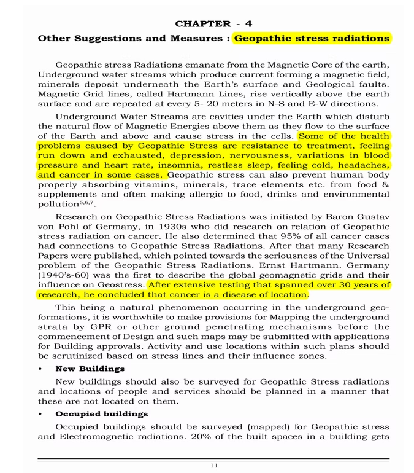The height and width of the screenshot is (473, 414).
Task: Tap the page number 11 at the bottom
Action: (213, 466)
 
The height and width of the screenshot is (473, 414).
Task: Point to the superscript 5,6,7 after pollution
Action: (87, 201)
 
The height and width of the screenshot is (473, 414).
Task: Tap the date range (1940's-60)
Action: (64, 275)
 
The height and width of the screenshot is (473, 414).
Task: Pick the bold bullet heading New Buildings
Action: (90, 369)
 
